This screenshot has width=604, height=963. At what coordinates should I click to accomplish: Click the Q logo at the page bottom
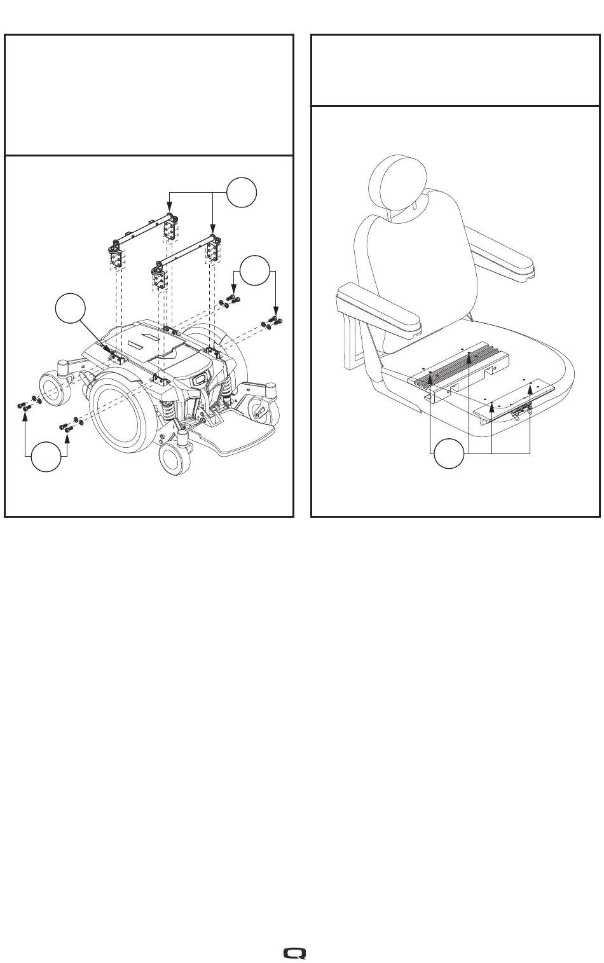coord(295,953)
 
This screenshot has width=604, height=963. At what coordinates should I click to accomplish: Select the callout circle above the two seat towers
coord(242,192)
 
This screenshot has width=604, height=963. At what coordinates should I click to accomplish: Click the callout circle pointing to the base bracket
coord(70,310)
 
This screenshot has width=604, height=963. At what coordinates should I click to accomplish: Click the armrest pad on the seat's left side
coord(378,308)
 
